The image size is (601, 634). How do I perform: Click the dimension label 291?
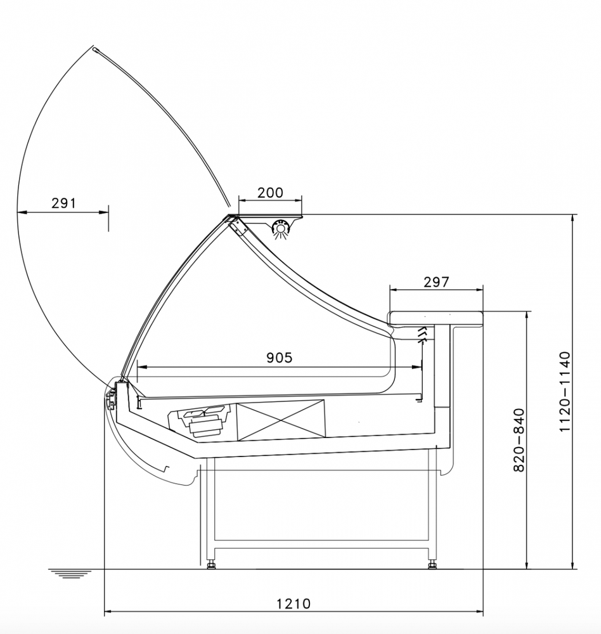coord(63,203)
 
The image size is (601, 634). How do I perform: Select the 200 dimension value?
coord(270,193)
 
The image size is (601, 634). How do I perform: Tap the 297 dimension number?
coord(436,282)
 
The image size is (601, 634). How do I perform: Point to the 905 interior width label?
coord(279,358)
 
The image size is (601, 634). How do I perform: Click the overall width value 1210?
coord(294,604)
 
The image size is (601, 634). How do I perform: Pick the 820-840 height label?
coord(519,440)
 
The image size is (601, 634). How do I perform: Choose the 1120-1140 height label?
coord(565,392)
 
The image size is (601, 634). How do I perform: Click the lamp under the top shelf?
coord(280,228)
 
